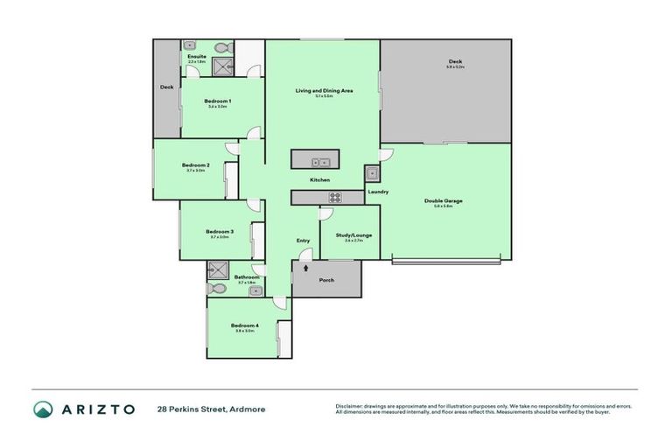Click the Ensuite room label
click(197, 57)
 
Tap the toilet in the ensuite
click(220, 47)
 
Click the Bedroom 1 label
click(217, 101)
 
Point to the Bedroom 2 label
click(195, 165)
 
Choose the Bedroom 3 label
click(219, 232)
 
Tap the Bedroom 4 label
click(245, 325)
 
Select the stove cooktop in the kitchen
click(334, 197)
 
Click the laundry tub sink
click(372, 173)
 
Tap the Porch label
click(325, 280)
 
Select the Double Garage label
click(443, 201)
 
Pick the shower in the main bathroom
click(217, 269)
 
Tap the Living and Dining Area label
click(323, 90)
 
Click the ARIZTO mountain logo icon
click(43, 409)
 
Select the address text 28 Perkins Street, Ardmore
click(211, 409)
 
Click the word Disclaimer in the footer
click(351, 406)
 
